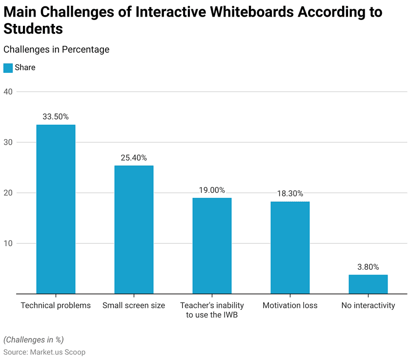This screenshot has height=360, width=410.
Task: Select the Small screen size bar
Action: click(134, 230)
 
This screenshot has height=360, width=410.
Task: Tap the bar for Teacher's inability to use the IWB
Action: click(212, 246)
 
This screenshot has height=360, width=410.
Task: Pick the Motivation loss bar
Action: click(290, 248)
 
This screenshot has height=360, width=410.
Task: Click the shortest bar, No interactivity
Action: click(368, 284)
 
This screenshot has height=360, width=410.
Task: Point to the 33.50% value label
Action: click(56, 117)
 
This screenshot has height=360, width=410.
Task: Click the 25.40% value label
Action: click(134, 158)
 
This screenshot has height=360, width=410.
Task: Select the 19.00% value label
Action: click(212, 190)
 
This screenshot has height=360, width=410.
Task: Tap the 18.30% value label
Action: click(290, 193)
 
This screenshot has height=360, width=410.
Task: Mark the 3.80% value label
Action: click(368, 267)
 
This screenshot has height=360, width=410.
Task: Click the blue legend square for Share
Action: click(8, 68)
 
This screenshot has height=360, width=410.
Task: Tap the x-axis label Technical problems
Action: click(56, 305)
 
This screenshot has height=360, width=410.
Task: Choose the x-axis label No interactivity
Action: click(368, 305)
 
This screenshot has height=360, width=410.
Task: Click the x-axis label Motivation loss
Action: click(290, 305)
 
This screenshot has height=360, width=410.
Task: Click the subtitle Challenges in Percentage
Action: click(56, 49)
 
